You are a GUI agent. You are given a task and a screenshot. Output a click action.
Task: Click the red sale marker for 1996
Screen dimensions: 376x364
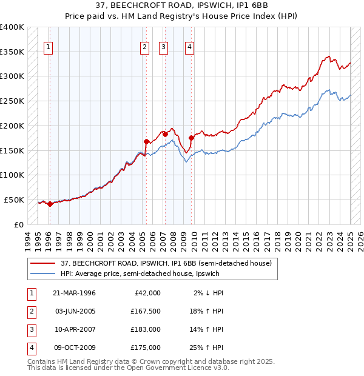50,204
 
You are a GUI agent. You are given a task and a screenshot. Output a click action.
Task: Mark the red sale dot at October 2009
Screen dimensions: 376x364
191,138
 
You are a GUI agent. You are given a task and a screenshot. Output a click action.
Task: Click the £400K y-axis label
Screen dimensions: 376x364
12,27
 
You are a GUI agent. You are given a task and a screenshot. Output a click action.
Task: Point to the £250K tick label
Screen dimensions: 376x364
12,101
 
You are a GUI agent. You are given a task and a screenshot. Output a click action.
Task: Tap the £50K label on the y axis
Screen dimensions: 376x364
14,200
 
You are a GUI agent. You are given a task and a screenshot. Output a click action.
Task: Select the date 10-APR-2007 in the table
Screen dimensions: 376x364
75,331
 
